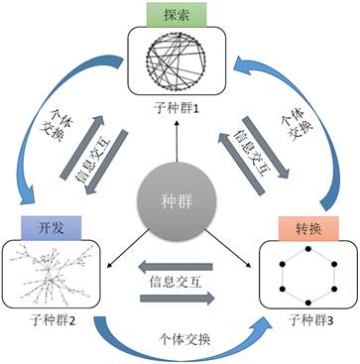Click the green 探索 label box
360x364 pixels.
click(179, 17)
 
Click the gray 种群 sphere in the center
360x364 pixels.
click(179, 195)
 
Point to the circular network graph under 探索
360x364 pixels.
click(179, 66)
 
